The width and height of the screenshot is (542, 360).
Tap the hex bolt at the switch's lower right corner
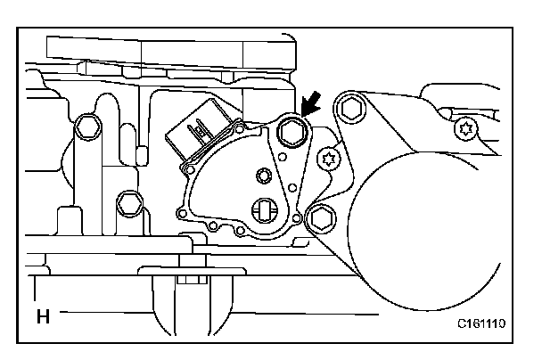tap(319, 216)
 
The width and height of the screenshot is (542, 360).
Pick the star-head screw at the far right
tap(464, 130)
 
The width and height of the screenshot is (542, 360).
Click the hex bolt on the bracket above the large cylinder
tap(350, 110)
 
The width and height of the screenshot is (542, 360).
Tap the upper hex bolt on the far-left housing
tap(86, 127)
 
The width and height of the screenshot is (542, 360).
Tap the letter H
tap(41, 315)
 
